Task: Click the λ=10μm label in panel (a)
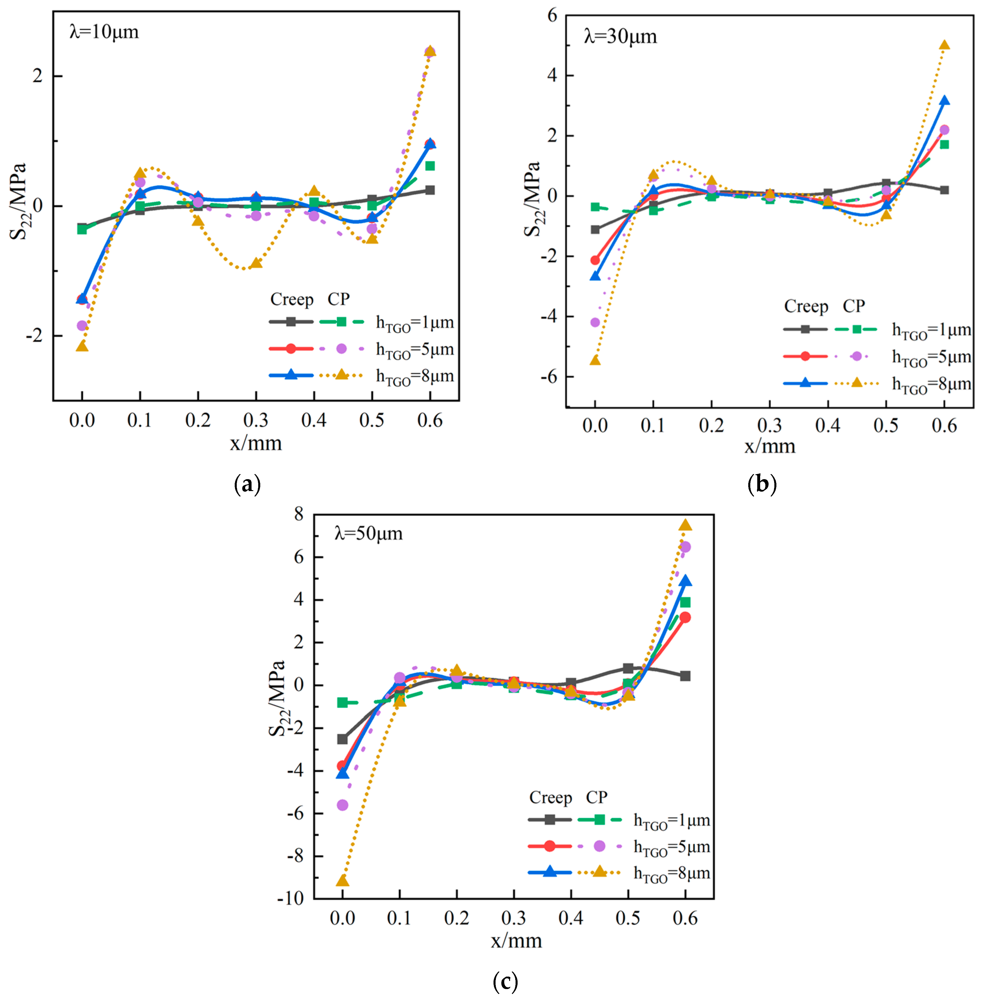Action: [x=104, y=32]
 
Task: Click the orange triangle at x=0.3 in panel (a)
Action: [x=256, y=264]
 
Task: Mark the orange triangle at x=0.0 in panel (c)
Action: [x=342, y=881]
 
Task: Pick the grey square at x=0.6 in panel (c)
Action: [x=685, y=676]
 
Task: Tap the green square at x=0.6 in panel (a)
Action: [x=429, y=166]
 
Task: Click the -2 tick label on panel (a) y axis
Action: [x=37, y=336]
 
